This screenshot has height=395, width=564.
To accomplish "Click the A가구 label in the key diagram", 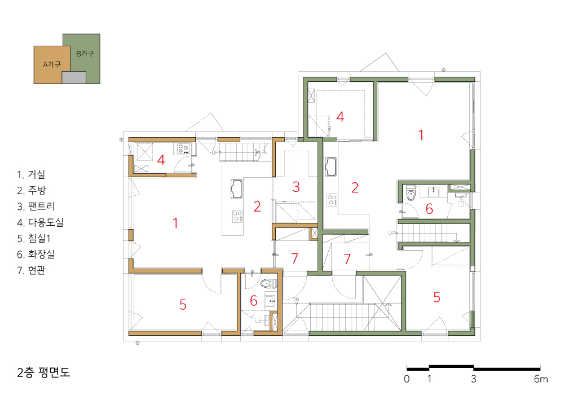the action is [x=52, y=65].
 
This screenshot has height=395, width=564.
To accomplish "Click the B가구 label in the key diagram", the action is [x=85, y=54].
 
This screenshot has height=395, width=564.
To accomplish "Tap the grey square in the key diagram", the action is [x=74, y=77].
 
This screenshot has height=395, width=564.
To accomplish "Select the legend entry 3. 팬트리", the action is [x=36, y=206].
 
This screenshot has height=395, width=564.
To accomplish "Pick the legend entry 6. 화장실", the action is [x=36, y=254].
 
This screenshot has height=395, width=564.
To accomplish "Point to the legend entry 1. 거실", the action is [x=31, y=174].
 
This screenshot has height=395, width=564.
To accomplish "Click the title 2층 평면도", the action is [x=43, y=372].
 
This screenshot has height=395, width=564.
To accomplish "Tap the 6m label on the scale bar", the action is [x=541, y=379].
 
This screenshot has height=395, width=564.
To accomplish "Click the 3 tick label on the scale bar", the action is [x=473, y=379].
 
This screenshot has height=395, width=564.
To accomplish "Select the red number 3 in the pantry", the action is [x=296, y=187].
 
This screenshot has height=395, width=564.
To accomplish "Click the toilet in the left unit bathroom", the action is [x=266, y=283].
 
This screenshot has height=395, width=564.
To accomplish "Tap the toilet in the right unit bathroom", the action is [x=411, y=194].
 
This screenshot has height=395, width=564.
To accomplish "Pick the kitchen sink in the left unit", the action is [x=236, y=189].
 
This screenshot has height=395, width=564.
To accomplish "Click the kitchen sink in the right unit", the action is [x=331, y=166].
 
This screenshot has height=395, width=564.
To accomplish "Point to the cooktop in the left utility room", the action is [x=183, y=148].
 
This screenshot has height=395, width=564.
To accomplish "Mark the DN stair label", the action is [x=296, y=299].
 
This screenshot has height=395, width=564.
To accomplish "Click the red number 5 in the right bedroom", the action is [x=437, y=297].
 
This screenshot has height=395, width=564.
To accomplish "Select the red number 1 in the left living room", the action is [x=175, y=223].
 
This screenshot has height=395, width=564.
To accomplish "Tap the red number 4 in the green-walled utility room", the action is [x=340, y=117].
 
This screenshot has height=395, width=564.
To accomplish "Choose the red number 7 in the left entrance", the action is [x=295, y=258].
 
